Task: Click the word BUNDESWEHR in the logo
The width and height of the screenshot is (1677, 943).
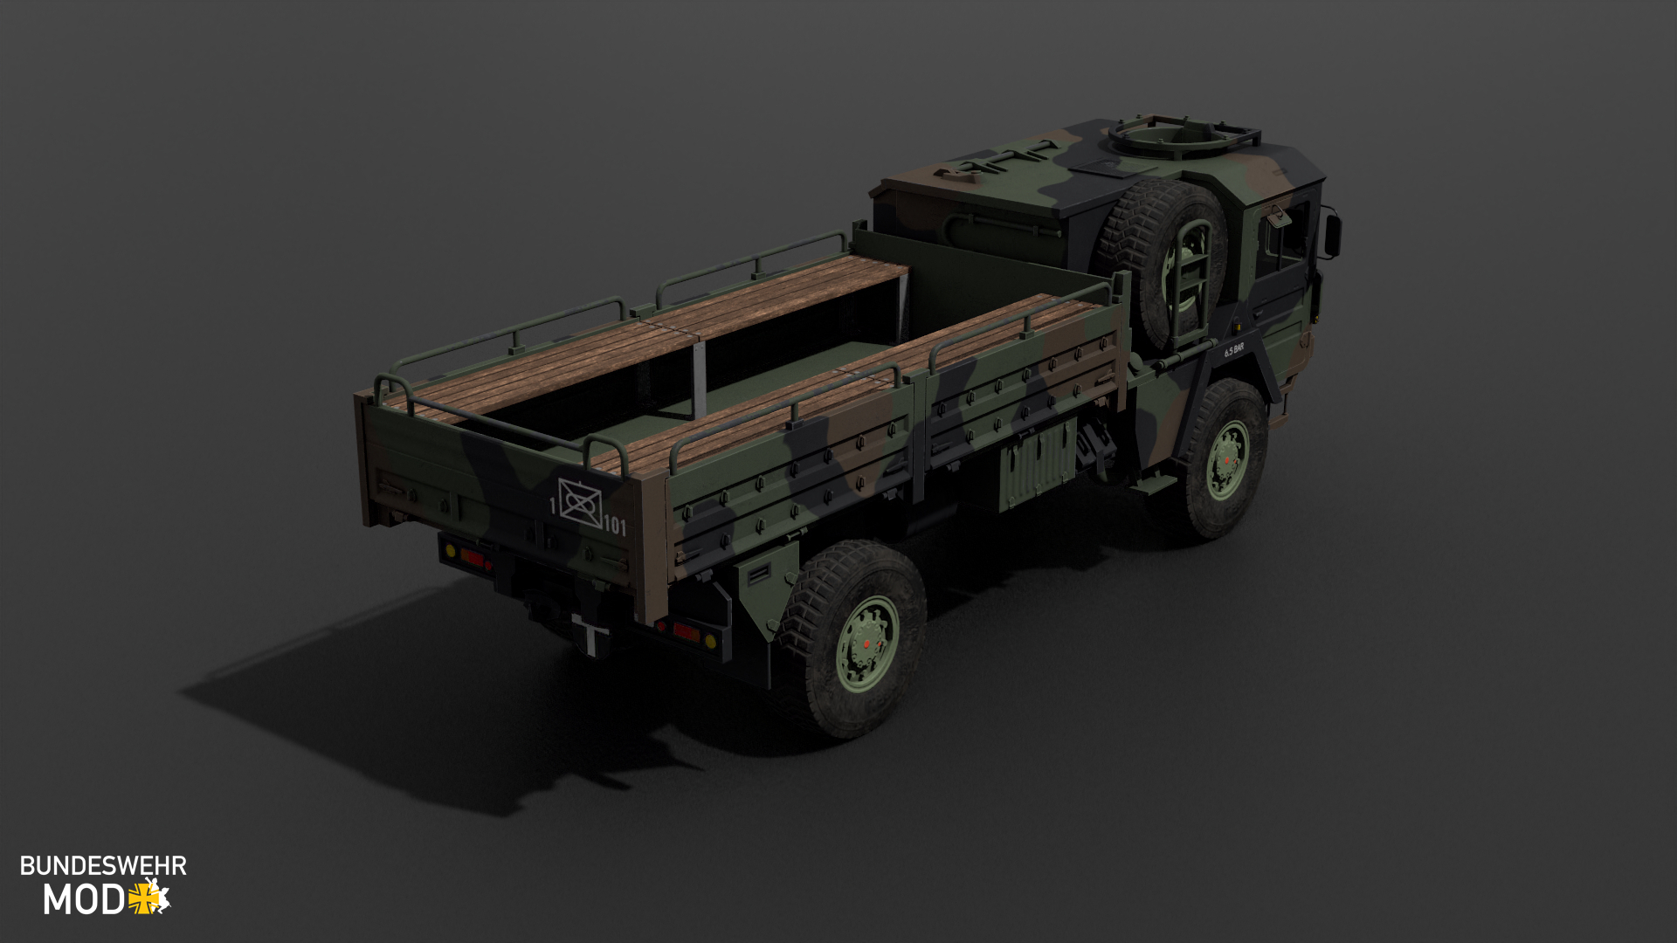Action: pyautogui.click(x=103, y=865)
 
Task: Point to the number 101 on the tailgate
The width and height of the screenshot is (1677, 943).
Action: pyautogui.click(x=615, y=525)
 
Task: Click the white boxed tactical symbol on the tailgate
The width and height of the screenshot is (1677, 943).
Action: pyautogui.click(x=580, y=502)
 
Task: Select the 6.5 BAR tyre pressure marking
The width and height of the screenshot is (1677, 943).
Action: pyautogui.click(x=1233, y=349)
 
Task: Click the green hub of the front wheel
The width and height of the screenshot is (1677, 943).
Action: pyautogui.click(x=1227, y=460)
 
